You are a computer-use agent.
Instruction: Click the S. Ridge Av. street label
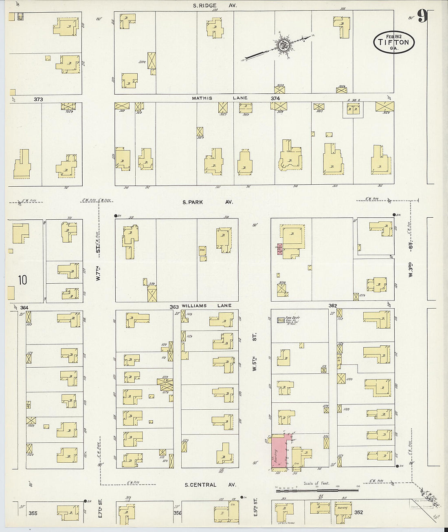click(215, 6)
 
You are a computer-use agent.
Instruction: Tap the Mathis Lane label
click(220, 98)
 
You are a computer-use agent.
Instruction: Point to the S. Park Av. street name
click(208, 202)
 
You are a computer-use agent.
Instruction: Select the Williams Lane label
click(206, 305)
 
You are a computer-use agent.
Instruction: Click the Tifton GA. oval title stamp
click(394, 42)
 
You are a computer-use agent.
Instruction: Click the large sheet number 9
click(422, 16)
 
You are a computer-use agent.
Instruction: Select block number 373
click(38, 99)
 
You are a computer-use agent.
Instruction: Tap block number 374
click(275, 98)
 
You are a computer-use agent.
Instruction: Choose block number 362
click(333, 305)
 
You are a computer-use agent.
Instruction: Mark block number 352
click(358, 512)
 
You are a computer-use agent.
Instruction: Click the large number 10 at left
click(22, 280)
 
